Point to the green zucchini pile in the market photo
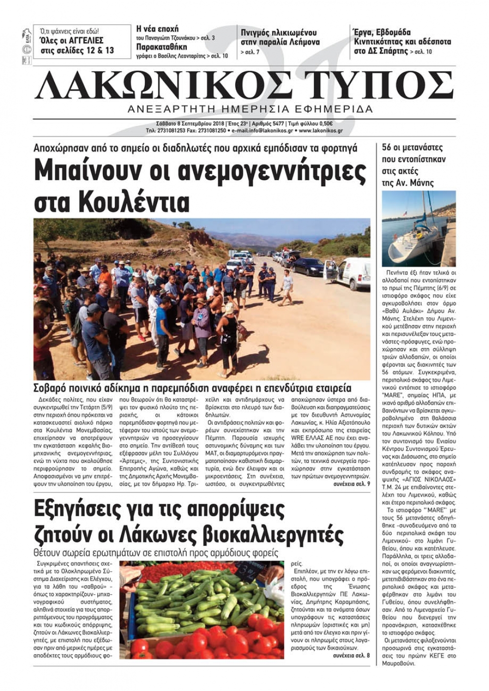(196, 601)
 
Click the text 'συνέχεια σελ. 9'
(352, 483)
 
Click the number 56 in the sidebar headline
(387, 147)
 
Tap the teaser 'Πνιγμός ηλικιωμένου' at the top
(279, 33)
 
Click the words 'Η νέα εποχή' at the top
(157, 29)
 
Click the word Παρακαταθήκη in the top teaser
(161, 47)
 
